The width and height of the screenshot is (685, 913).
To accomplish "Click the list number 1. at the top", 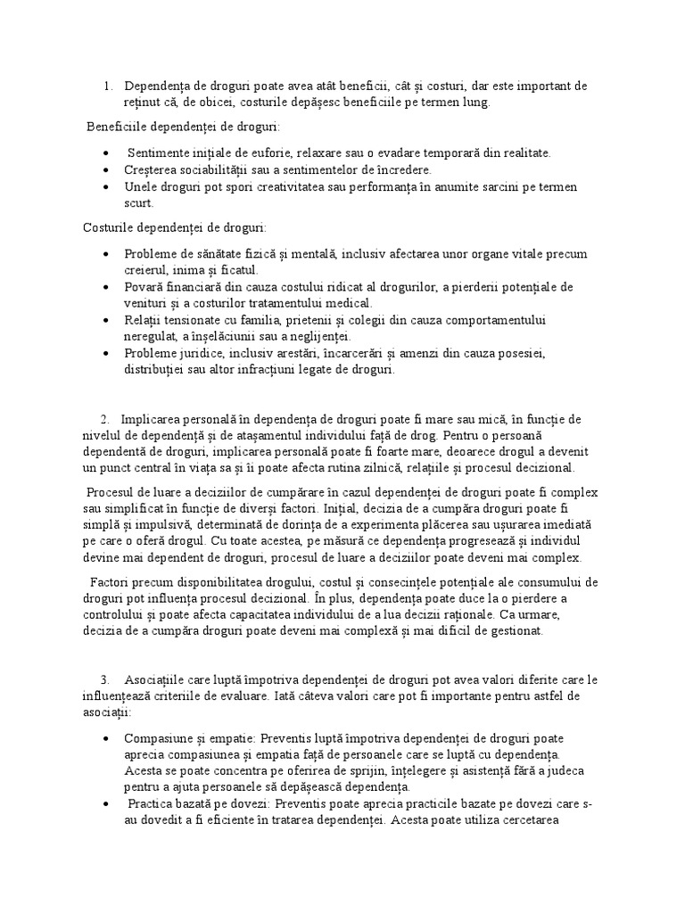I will [107, 86].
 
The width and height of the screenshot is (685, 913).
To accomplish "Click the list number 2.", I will [104, 418].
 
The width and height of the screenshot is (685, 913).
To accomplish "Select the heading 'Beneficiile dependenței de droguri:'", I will [182, 127].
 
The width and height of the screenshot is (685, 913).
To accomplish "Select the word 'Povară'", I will [145, 286].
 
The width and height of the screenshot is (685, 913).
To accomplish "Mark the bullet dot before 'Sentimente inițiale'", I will [108, 153].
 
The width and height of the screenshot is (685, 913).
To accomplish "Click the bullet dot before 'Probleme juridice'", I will [108, 354].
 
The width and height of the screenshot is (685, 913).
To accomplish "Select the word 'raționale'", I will [461, 615].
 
